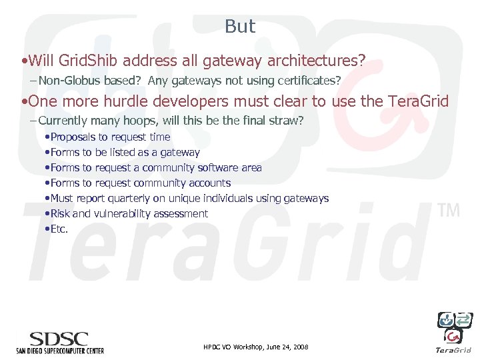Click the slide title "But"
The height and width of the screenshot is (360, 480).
coord(240,27)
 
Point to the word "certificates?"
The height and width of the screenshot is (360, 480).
coord(309,81)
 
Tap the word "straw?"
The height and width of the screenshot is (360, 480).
coord(285,121)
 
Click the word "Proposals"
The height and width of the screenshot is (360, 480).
coord(74,137)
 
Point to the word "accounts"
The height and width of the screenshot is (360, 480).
coord(209,183)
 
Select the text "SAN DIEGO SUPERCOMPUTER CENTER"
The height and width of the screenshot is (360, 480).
coord(60,350)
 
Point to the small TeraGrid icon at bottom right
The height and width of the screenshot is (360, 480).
coord(454,328)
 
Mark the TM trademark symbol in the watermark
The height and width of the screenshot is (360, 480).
coord(449,211)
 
